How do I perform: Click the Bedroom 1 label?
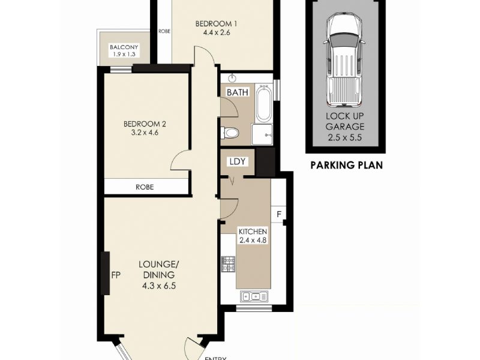tap(216, 23)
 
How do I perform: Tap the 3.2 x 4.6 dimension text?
tap(145, 133)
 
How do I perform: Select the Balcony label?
tap(124, 47)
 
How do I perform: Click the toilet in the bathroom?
tap(230, 133)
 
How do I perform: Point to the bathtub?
tap(263, 103)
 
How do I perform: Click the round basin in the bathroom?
tap(233, 78)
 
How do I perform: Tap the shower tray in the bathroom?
tap(262, 134)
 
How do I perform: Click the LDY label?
tap(238, 161)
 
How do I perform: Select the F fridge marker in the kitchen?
tap(279, 214)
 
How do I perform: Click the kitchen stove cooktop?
tap(229, 265)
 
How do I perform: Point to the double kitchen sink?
tap(254, 296)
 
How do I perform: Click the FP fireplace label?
tap(116, 275)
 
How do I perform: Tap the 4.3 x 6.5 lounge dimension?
tap(159, 286)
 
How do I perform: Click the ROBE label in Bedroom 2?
tap(145, 187)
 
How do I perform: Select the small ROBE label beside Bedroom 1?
tap(164, 31)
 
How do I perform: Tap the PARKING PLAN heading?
tap(347, 166)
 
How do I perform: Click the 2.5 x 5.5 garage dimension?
tap(344, 137)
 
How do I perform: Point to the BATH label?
tap(238, 92)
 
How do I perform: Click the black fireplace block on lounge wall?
tap(106, 274)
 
